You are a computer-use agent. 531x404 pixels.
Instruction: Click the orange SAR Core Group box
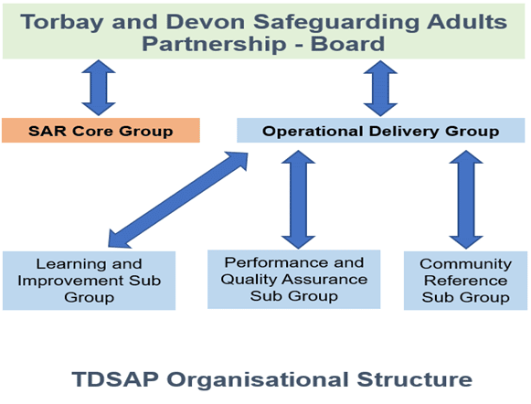pos(101,131)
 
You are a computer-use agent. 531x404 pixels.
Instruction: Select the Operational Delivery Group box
pos(380,131)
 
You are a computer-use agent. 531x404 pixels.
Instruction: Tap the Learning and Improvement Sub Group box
pos(89,281)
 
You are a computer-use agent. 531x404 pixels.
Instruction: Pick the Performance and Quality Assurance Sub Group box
pos(294,280)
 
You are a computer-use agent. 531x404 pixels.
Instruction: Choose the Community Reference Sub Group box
pos(465,281)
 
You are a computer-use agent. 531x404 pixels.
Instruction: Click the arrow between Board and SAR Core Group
pos(99,88)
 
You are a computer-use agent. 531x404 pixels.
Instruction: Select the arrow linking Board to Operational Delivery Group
pos(380,89)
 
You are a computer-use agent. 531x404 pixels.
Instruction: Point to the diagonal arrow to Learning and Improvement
pos(178,200)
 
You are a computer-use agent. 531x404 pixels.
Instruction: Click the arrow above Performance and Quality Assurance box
pos(298,199)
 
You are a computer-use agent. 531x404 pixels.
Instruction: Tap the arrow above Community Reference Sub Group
pos(466,199)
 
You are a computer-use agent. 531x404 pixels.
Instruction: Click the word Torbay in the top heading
pos(62,22)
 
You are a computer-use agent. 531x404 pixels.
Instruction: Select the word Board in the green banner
pos(348,44)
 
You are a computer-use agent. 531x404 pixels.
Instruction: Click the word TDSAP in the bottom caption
pos(115,379)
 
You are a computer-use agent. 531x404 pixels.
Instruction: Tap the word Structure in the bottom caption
pos(415,379)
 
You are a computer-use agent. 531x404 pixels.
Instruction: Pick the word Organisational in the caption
pos(258,379)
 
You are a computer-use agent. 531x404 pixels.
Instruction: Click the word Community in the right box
pos(465,264)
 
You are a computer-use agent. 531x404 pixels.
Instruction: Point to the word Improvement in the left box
pos(70,282)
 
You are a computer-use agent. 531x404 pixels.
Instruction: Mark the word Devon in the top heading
pos(206,22)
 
